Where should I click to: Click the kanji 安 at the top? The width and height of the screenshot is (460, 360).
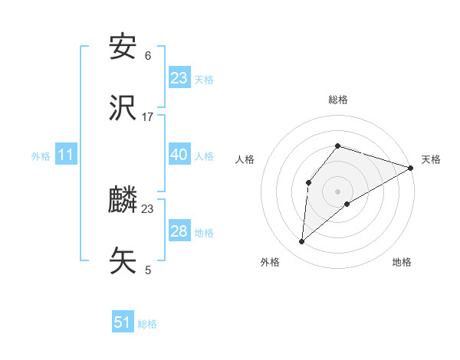(123, 48)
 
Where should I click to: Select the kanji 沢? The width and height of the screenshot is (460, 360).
(123, 107)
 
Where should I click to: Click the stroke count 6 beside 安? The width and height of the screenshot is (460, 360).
(148, 56)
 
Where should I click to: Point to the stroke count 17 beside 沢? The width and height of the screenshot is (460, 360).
(148, 116)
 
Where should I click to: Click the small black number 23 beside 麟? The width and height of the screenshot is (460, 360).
(148, 209)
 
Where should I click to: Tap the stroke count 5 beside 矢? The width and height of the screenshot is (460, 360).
(148, 270)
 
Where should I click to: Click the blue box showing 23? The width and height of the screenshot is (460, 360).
(179, 78)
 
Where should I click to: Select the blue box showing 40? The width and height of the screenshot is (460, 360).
(179, 155)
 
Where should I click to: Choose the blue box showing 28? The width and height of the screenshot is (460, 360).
(179, 231)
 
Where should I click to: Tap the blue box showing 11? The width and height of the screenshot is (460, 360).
(66, 155)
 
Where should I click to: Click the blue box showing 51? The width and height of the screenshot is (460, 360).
(123, 322)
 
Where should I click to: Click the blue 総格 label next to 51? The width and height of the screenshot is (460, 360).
(147, 324)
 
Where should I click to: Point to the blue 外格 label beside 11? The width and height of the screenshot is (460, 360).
(41, 156)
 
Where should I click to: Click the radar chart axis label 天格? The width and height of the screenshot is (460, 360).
(431, 159)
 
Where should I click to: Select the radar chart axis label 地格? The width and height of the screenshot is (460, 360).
(402, 262)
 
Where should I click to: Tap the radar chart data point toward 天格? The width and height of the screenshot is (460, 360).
(410, 168)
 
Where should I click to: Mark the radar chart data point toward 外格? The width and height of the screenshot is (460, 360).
(302, 242)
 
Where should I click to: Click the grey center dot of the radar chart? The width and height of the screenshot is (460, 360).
(337, 191)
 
